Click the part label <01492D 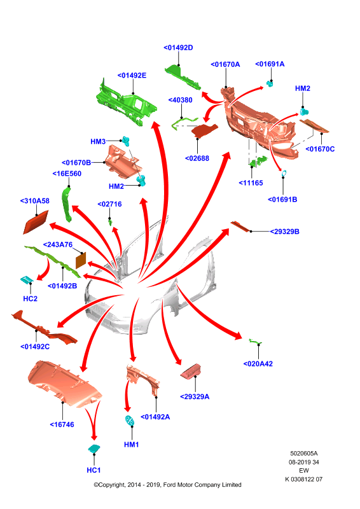click(178, 48)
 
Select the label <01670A click(225, 65)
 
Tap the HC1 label click(93, 470)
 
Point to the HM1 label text click(132, 444)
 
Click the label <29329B click(285, 232)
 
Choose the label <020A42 click(258, 364)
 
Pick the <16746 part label click(62, 424)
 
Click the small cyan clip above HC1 click(94, 449)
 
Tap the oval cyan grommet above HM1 click(130, 421)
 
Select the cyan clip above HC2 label click(27, 279)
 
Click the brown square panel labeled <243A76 click(81, 261)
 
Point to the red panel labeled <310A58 click(36, 222)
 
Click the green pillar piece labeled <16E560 click(67, 204)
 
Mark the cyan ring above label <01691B click(284, 174)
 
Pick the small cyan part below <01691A click(270, 84)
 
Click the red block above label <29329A click(191, 372)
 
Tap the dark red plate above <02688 click(204, 131)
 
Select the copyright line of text click(167, 485)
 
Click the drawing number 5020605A click(304, 454)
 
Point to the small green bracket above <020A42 click(255, 341)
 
